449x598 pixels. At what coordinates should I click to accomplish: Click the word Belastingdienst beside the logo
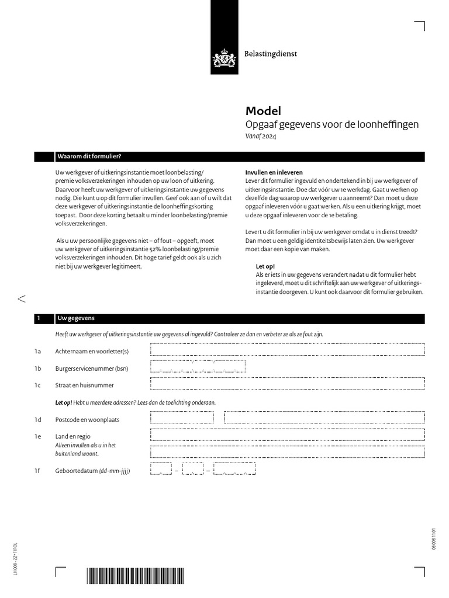point(271,54)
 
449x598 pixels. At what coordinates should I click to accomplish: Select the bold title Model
point(263,111)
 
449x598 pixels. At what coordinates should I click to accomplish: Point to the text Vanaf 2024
point(261,137)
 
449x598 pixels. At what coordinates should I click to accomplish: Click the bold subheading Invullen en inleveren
point(274,173)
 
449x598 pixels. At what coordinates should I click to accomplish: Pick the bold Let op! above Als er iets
point(265,266)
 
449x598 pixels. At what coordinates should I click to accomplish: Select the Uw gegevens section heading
point(75,318)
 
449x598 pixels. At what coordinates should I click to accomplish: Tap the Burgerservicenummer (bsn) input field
point(198,367)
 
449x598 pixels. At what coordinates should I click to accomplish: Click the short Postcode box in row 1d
point(182,418)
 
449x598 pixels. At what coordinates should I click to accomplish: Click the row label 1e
point(38,436)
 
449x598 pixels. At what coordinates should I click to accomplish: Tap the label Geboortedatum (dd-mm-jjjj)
point(92,471)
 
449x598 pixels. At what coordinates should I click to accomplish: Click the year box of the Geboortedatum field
point(234,470)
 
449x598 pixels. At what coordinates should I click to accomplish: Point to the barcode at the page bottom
point(135,576)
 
